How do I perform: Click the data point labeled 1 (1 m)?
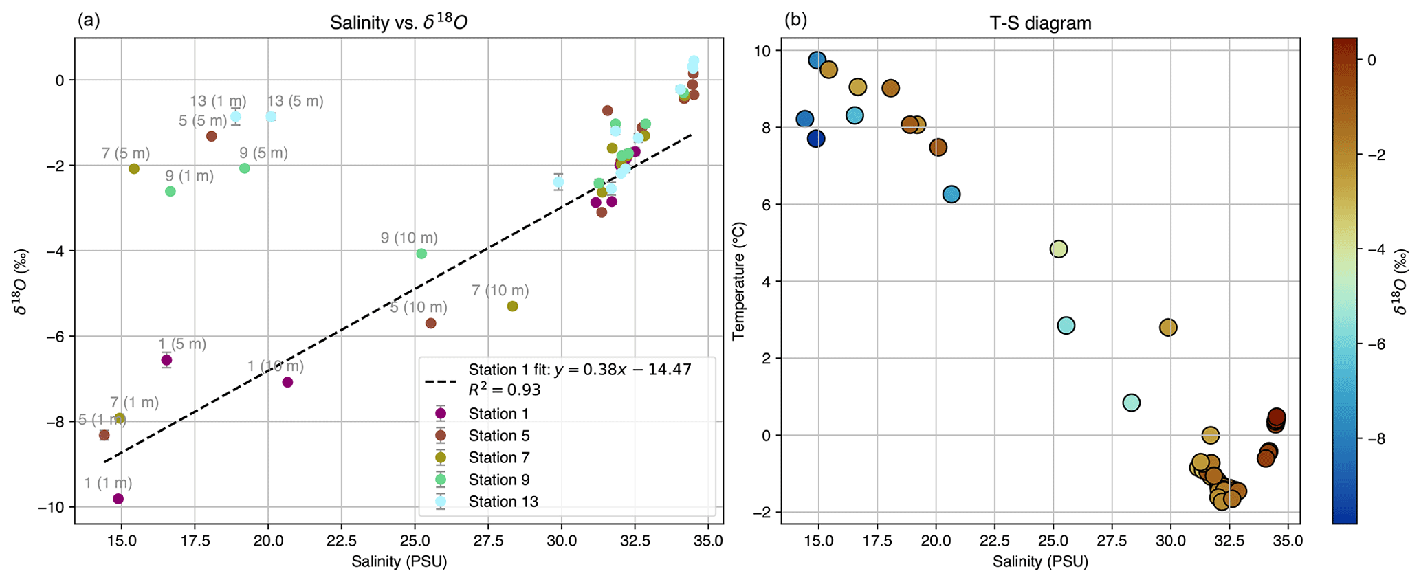(118, 499)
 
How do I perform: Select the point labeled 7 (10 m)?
(512, 306)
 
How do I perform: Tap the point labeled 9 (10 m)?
(421, 254)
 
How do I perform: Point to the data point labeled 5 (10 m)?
(431, 323)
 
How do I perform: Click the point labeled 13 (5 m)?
(271, 117)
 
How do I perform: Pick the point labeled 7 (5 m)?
(134, 169)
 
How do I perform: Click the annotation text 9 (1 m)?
(189, 177)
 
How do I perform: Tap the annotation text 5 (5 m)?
(202, 121)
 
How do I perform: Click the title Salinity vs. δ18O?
(399, 23)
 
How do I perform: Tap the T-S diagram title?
(1040, 23)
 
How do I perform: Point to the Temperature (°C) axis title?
(739, 280)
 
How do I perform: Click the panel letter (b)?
(796, 21)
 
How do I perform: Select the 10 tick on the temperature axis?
(764, 51)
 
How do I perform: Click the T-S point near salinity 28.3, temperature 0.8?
(1132, 403)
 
